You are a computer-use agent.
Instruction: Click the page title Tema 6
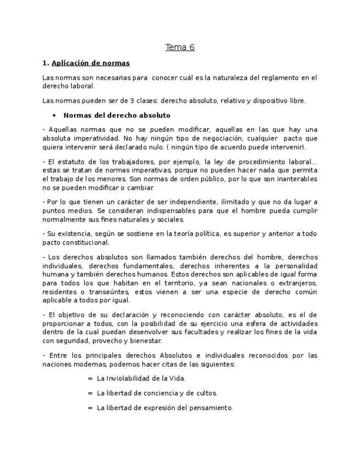180,47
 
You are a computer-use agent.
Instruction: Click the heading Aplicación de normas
90,63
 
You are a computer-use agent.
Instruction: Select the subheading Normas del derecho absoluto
117,115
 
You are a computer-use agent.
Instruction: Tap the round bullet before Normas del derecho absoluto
54,115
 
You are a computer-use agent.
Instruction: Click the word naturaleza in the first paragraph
229,78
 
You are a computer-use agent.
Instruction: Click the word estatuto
71,162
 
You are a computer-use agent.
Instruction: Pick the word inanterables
296,179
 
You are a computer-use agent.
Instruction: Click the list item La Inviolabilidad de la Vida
141,379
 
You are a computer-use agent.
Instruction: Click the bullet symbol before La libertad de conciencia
90,393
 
